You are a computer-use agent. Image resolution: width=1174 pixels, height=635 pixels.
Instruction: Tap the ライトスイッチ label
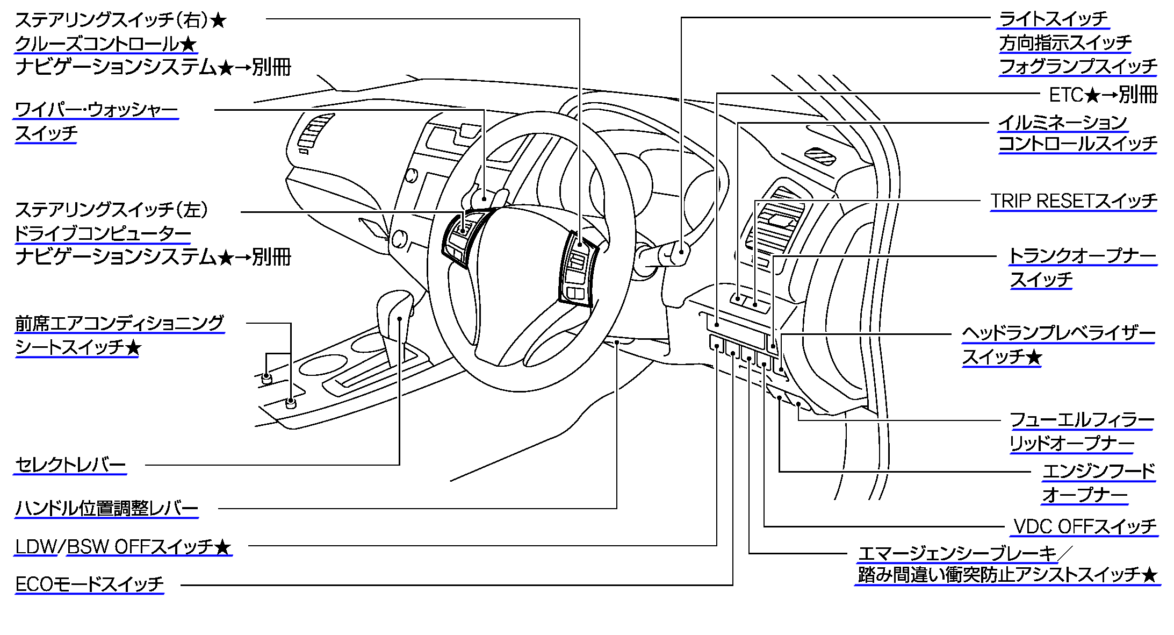click(1053, 19)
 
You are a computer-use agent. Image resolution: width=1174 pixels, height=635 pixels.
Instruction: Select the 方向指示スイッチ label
click(1065, 43)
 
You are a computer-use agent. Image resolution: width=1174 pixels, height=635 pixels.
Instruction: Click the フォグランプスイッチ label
click(1078, 67)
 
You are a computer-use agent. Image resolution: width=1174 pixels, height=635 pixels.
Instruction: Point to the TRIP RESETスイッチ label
click(1074, 201)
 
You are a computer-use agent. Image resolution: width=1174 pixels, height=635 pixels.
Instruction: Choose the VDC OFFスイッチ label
click(1084, 526)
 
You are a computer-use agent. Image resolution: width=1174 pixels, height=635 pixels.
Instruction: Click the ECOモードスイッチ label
click(89, 584)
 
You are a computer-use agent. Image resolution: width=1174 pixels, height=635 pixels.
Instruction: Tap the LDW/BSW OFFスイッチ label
click(123, 547)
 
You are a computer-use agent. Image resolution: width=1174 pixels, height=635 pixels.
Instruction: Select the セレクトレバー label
click(70, 465)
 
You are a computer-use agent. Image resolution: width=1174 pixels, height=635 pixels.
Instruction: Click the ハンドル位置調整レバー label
click(106, 508)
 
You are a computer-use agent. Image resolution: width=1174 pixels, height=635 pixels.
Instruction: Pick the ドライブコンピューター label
click(103, 233)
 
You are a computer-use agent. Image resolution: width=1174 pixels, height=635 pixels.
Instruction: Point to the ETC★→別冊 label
click(1103, 95)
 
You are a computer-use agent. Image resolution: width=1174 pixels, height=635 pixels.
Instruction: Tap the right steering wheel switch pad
click(577, 269)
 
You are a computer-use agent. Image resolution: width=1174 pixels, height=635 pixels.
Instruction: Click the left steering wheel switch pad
click(461, 237)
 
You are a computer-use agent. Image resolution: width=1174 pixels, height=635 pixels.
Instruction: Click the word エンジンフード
click(1099, 472)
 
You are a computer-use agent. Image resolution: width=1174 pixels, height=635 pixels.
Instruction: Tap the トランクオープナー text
click(1083, 256)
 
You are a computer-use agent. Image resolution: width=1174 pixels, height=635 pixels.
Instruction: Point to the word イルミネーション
click(1063, 123)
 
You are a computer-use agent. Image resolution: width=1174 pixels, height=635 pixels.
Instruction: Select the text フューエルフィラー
click(1082, 420)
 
